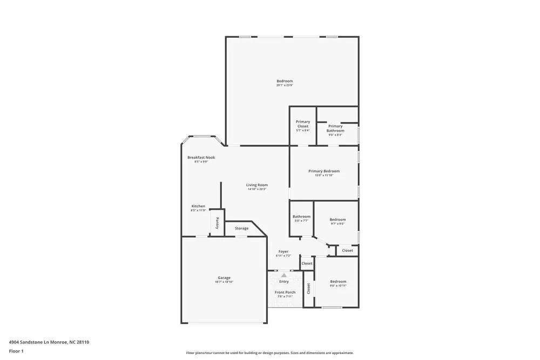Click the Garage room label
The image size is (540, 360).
[x=224, y=277]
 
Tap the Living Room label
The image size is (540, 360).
[x=257, y=185]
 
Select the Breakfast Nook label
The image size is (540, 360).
[x=201, y=157]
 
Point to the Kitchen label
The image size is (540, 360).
[x=198, y=206]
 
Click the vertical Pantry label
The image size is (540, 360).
[x=217, y=222]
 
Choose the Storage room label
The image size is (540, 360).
[x=241, y=228]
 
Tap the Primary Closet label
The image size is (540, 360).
[x=303, y=124]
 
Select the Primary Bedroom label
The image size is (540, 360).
[x=324, y=171]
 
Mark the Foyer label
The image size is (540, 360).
[x=283, y=252]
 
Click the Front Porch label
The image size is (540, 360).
[x=286, y=292]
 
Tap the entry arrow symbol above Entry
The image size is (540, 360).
[x=284, y=275]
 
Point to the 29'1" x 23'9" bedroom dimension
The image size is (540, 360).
[x=285, y=85]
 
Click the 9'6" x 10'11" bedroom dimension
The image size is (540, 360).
[x=338, y=286]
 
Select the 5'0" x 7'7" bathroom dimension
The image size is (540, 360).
[x=301, y=221]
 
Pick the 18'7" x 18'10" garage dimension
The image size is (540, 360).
[x=224, y=282]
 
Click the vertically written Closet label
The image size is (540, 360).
[x=309, y=289]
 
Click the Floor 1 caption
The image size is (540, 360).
[x=16, y=351]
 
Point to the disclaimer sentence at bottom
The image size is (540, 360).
[x=270, y=352]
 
